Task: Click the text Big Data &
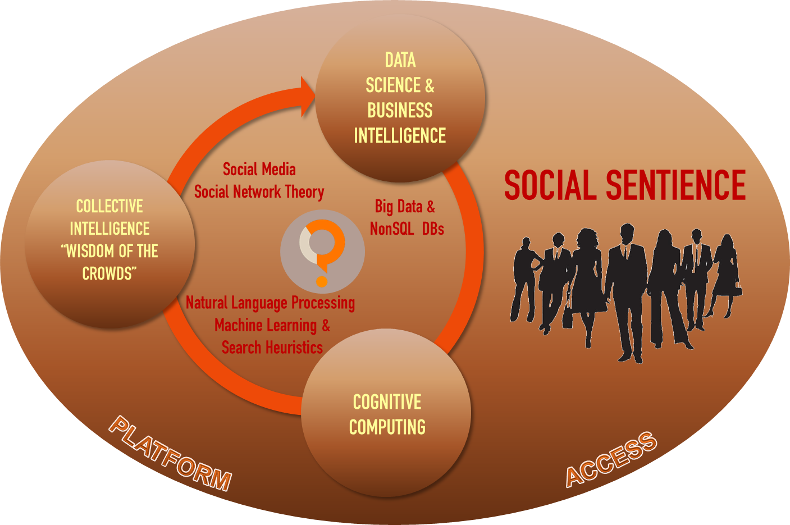pyautogui.click(x=405, y=207)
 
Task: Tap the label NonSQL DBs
pyautogui.click(x=407, y=229)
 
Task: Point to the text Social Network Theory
pyautogui.click(x=259, y=192)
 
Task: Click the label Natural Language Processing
pyautogui.click(x=270, y=303)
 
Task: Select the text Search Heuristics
pyautogui.click(x=272, y=348)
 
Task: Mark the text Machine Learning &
pyautogui.click(x=272, y=325)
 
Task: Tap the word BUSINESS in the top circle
pyautogui.click(x=400, y=111)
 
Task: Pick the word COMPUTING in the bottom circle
pyautogui.click(x=387, y=427)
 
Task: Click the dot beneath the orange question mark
pyautogui.click(x=322, y=280)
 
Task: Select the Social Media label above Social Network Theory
pyautogui.click(x=259, y=170)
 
